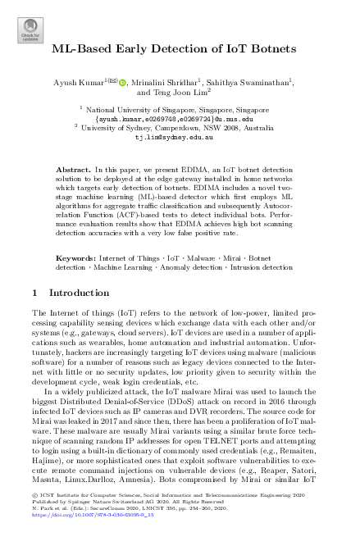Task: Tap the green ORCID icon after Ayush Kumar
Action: pos(124,83)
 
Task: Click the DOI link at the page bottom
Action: pos(92,539)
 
